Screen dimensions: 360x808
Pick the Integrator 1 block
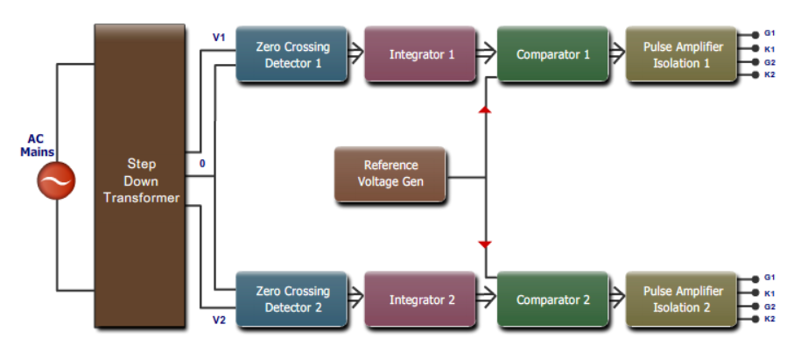pyautogui.click(x=421, y=54)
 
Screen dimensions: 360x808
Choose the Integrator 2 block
pyautogui.click(x=421, y=300)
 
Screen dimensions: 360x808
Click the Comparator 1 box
pyautogui.click(x=552, y=54)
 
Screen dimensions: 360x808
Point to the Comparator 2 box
pyautogui.click(x=552, y=300)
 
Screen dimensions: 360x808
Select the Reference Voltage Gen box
pyautogui.click(x=390, y=173)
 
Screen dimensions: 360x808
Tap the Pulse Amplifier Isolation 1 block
pyautogui.click(x=676, y=55)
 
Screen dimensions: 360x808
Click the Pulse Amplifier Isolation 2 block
pyautogui.click(x=676, y=300)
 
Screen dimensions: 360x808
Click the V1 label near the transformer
pyautogui.click(x=219, y=38)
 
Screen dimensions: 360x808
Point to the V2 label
pyautogui.click(x=219, y=320)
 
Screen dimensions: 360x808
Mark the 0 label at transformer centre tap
pyautogui.click(x=202, y=163)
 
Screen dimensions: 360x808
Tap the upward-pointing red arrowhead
pyautogui.click(x=484, y=109)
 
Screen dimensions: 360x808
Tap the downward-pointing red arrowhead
pyautogui.click(x=484, y=244)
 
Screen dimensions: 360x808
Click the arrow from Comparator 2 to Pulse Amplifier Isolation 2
pyautogui.click(x=616, y=300)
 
